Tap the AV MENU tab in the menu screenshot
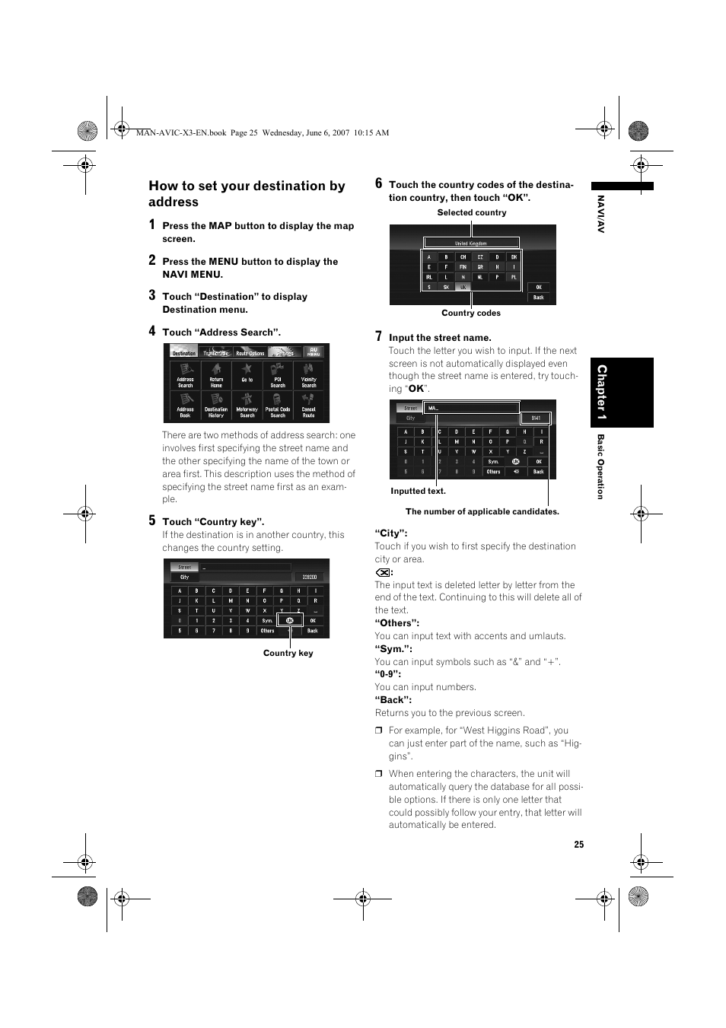(x=313, y=352)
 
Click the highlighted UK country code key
(x=463, y=287)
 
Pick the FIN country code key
(x=463, y=267)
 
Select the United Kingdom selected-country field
(x=471, y=243)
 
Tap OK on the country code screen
(x=538, y=287)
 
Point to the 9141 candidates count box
(x=536, y=418)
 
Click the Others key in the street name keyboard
(x=493, y=472)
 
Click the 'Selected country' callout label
(x=471, y=213)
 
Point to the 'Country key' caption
(x=288, y=653)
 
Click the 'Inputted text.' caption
(x=418, y=492)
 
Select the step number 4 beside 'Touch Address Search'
(x=152, y=331)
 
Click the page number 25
(x=579, y=845)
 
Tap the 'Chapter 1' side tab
(x=601, y=392)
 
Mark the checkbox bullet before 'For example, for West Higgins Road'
(x=378, y=730)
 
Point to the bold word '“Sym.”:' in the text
(x=393, y=649)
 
